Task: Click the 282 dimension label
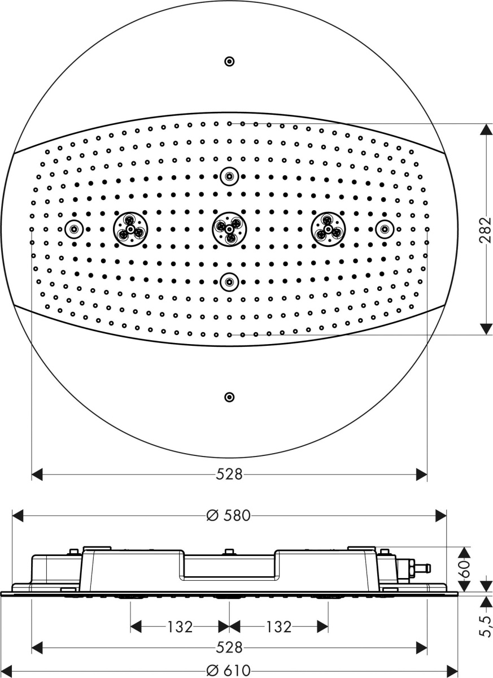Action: pyautogui.click(x=485, y=230)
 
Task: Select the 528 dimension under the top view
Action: pyautogui.click(x=229, y=474)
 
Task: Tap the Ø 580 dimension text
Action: pyautogui.click(x=229, y=515)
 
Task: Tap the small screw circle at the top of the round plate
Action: pyautogui.click(x=230, y=62)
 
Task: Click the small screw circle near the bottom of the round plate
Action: pyautogui.click(x=230, y=397)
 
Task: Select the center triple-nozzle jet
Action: pyautogui.click(x=229, y=229)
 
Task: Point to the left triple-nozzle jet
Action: pyautogui.click(x=130, y=229)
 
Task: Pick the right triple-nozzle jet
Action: pyautogui.click(x=328, y=229)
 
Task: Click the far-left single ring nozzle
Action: pyautogui.click(x=74, y=229)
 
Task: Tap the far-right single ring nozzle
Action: pyautogui.click(x=385, y=229)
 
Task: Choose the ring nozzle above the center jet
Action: pyautogui.click(x=230, y=176)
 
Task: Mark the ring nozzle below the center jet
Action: pyautogui.click(x=230, y=282)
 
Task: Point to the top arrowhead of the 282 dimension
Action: pyautogui.click(x=486, y=129)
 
